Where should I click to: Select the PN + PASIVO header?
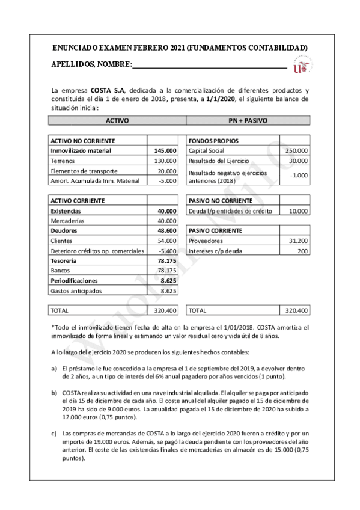click(248, 120)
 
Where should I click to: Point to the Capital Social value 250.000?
click(296, 150)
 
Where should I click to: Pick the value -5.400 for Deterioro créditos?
click(165, 251)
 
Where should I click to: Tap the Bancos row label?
click(61, 271)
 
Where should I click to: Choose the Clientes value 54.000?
click(165, 241)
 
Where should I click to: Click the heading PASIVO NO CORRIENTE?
click(216, 200)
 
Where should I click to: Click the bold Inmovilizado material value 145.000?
click(164, 150)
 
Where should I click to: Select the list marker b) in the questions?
click(55, 391)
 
